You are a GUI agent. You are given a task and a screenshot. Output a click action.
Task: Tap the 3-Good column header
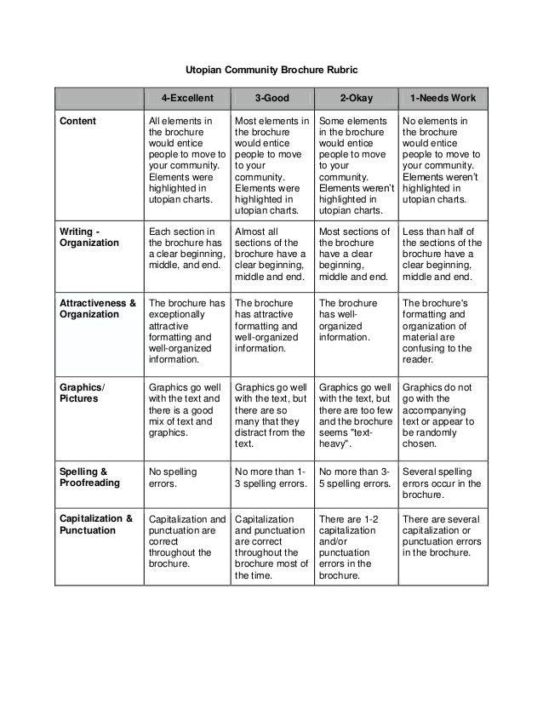[271, 98]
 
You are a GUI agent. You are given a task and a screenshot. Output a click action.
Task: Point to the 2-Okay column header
[356, 98]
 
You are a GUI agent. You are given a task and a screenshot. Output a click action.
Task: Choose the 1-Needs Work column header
[443, 98]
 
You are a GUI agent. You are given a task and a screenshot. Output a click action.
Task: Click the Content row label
[77, 121]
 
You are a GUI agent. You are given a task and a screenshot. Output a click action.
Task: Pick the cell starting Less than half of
[441, 254]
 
